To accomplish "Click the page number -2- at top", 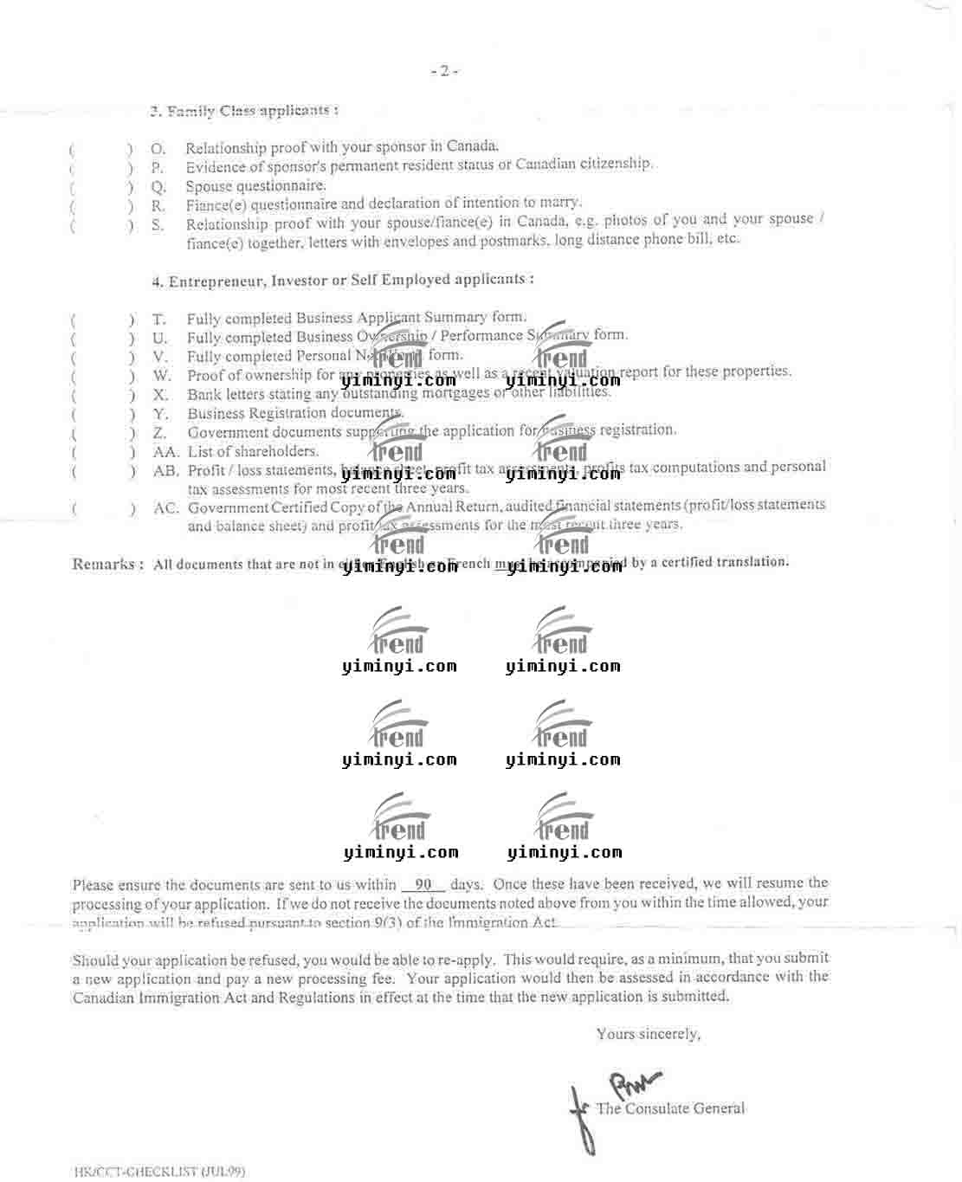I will tap(444, 71).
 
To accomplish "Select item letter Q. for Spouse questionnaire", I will tap(158, 187).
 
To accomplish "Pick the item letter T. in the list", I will tap(159, 320).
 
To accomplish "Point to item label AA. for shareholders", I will tap(165, 452).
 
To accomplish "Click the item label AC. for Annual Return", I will tap(165, 508).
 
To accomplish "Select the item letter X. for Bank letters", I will tap(160, 395).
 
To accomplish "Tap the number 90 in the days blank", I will tap(423, 884).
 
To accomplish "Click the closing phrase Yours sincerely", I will tap(649, 1034).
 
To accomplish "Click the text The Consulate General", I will tap(670, 1108).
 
